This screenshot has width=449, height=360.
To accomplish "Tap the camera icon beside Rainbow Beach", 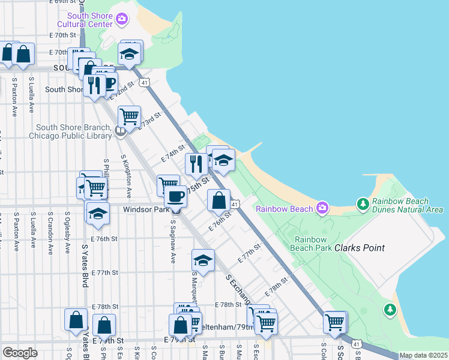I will click(322, 208).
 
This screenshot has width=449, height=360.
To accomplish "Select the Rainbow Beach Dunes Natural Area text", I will click(408, 205).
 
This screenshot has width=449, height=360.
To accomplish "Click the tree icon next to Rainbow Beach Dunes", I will click(363, 205).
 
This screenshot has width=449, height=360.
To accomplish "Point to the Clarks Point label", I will click(360, 248).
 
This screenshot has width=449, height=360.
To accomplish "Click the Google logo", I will click(20, 352).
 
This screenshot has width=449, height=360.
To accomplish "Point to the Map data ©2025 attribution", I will click(423, 355).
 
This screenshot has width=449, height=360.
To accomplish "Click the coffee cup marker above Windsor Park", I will click(176, 197).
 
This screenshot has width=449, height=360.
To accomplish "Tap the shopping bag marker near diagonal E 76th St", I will click(219, 200).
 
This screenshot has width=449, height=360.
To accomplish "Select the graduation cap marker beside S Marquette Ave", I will click(203, 261).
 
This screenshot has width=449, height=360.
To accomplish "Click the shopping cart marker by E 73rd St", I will click(129, 116).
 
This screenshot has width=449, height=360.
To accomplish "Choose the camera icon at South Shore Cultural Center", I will click(122, 20).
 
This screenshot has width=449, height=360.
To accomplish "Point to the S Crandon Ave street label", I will click(50, 231).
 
